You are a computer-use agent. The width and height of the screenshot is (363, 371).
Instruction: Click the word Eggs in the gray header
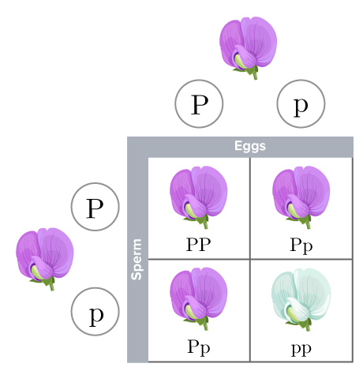coord(249,146)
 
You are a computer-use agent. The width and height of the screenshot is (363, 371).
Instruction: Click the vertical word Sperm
coord(137,259)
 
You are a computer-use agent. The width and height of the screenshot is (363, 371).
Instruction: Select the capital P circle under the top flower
coord(199,104)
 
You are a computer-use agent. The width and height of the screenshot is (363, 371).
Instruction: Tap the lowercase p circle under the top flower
coord(301,104)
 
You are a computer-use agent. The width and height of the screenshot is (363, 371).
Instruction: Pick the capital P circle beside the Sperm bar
coord(95,208)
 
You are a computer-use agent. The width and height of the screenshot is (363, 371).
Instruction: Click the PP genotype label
coord(199,245)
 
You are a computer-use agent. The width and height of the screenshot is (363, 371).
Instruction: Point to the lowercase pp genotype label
coord(301,347)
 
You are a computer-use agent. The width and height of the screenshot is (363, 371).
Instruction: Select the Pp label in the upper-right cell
coord(301,245)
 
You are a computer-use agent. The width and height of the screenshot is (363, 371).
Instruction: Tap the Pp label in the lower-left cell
coord(199,347)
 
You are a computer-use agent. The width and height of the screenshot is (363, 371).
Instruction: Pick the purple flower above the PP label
coord(199,193)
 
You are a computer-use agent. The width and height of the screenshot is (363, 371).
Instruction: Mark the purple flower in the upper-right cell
coord(301,193)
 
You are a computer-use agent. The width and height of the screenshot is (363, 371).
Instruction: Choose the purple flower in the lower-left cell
coord(199,295)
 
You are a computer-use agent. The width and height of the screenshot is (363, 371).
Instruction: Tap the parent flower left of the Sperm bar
coord(45,257)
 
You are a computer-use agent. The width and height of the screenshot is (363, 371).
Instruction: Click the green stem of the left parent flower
coord(51,283)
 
